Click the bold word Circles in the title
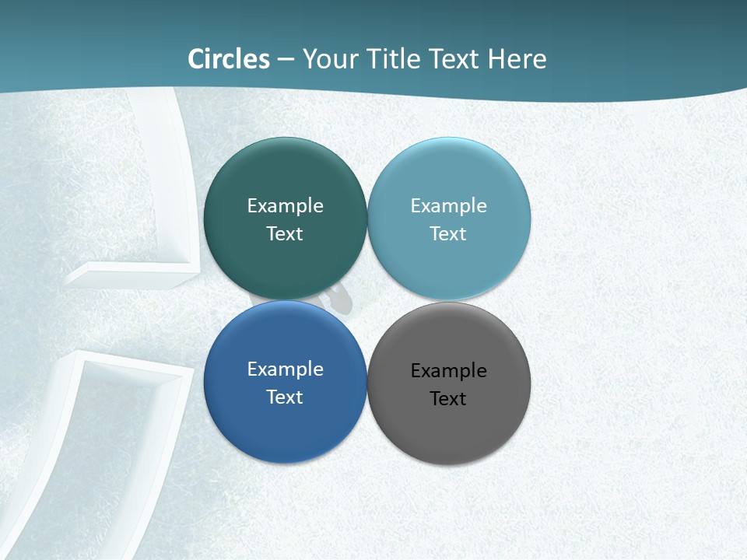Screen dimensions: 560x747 pyautogui.click(x=229, y=59)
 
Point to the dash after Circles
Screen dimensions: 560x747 pyautogui.click(x=286, y=60)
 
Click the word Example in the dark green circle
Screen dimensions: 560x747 pyautogui.click(x=285, y=205)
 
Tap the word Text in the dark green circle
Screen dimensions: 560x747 pyautogui.click(x=285, y=233)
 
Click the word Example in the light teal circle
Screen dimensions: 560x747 pyautogui.click(x=448, y=205)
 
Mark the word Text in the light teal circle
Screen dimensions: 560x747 pyautogui.click(x=448, y=233)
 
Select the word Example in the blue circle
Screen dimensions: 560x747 pyautogui.click(x=285, y=369)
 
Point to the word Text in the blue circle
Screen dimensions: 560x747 pyautogui.click(x=285, y=397)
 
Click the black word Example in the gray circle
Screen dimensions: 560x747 pyautogui.click(x=448, y=370)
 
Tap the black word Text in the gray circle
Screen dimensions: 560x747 pyautogui.click(x=448, y=398)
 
